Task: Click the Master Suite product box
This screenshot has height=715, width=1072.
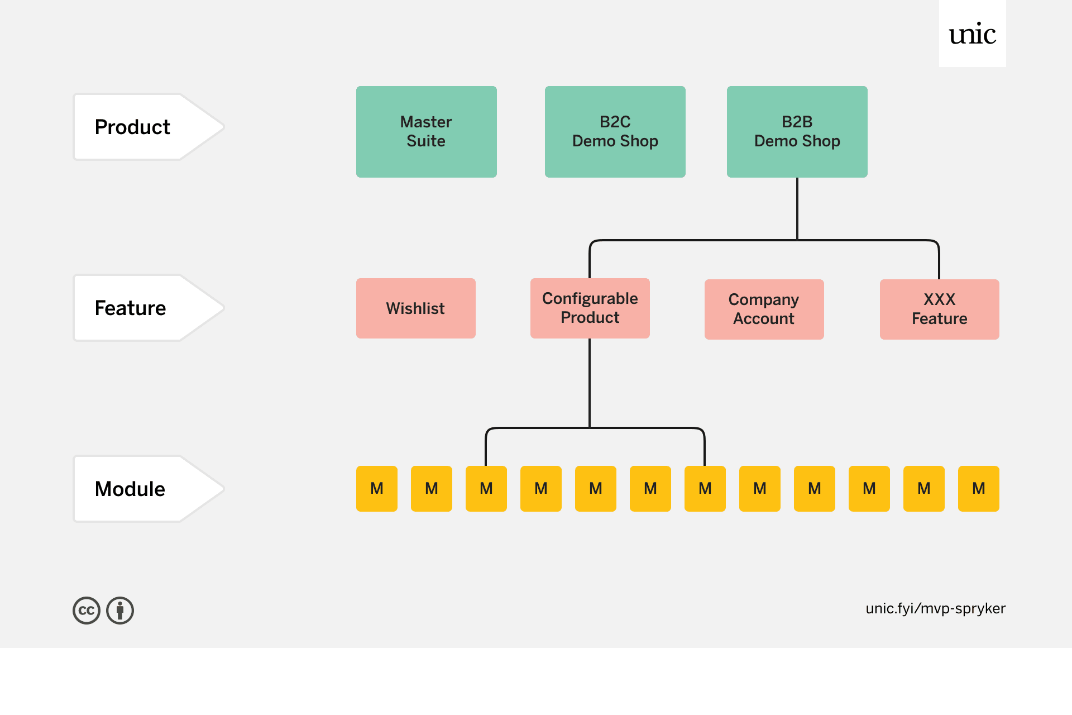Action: tap(426, 132)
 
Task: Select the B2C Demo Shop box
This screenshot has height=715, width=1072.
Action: tap(615, 132)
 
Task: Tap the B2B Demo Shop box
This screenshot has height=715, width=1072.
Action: tap(797, 132)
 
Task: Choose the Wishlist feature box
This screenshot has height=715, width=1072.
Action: tap(415, 308)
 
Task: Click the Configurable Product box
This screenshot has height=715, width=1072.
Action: tap(590, 308)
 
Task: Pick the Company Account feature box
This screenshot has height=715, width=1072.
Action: tap(764, 309)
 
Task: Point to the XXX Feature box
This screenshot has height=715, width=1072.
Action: tap(939, 309)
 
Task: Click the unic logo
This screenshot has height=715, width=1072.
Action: tap(972, 34)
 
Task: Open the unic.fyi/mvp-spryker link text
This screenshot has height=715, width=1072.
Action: tap(935, 608)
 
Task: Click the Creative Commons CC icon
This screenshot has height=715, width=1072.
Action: tap(87, 611)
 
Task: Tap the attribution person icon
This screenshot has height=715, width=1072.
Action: tap(120, 611)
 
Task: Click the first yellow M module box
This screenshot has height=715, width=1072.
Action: tap(377, 489)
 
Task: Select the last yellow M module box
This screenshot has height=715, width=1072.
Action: tap(978, 489)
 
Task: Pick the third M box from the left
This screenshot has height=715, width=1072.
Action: tap(486, 489)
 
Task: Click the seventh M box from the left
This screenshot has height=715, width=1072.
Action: tap(705, 489)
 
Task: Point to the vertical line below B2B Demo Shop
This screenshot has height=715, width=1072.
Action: tap(797, 209)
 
